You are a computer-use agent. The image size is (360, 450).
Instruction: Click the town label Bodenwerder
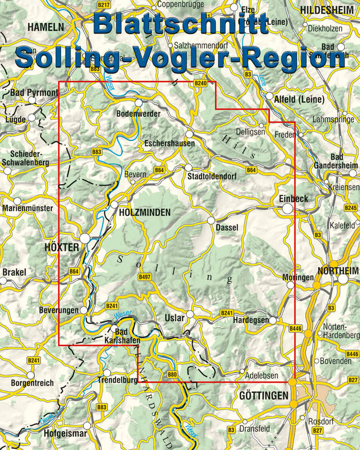click(x=138, y=114)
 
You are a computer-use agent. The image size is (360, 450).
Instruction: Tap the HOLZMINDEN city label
click(x=145, y=213)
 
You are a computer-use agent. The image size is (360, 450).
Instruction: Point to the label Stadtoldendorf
click(x=212, y=176)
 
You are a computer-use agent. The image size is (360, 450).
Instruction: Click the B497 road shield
click(x=145, y=277)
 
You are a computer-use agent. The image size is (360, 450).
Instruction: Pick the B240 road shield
click(x=200, y=83)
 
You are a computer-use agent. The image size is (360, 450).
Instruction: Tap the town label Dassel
click(x=227, y=228)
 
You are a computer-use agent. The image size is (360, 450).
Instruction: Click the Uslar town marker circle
click(x=190, y=314)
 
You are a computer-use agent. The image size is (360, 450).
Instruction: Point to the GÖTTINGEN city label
click(x=263, y=396)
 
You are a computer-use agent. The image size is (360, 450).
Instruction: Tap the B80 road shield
click(x=172, y=375)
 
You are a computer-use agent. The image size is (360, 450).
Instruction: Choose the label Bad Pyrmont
click(x=34, y=93)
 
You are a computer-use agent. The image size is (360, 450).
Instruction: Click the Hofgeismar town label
click(x=65, y=434)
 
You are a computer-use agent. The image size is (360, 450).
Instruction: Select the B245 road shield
click(x=350, y=207)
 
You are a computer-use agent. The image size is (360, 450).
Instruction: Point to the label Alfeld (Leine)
click(x=299, y=99)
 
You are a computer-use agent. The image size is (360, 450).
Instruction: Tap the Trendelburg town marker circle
click(x=107, y=373)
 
